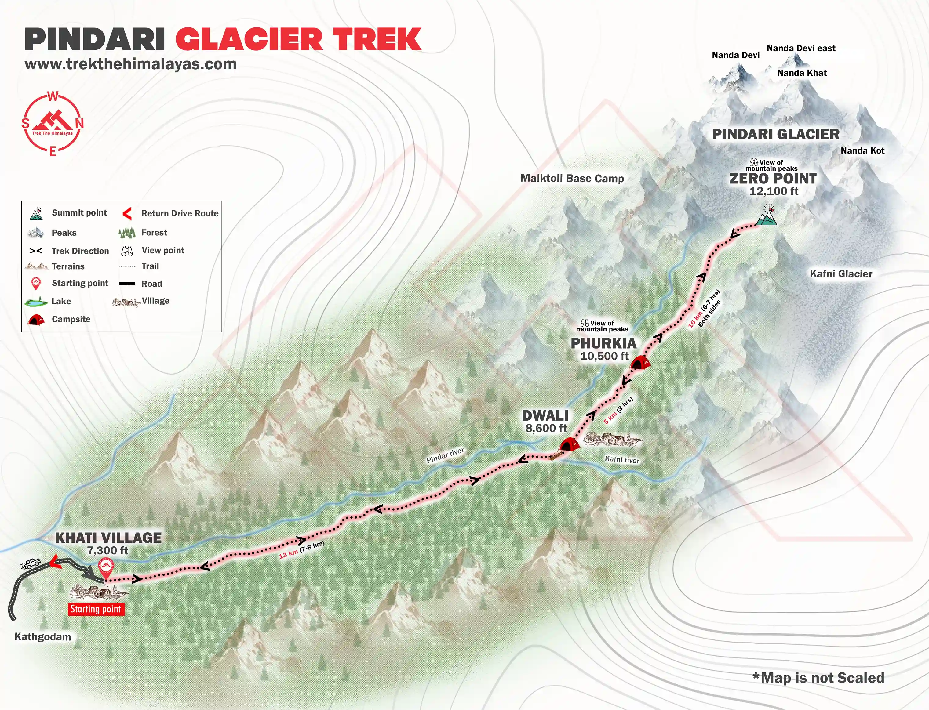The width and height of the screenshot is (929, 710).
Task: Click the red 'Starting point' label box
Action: (96, 609)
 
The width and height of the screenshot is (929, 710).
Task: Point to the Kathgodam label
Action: (43, 636)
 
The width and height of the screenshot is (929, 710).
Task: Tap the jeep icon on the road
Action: (31, 563)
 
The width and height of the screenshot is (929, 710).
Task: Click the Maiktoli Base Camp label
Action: (572, 178)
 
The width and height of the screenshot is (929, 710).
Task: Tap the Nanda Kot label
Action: (862, 151)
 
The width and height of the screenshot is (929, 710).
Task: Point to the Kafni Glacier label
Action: (841, 274)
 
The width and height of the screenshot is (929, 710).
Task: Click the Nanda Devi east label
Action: (801, 49)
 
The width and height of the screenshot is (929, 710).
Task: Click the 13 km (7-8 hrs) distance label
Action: (301, 550)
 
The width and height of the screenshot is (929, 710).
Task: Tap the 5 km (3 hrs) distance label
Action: (618, 410)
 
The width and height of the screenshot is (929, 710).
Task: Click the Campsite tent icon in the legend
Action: (36, 320)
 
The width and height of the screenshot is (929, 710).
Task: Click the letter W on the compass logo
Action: (53, 97)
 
